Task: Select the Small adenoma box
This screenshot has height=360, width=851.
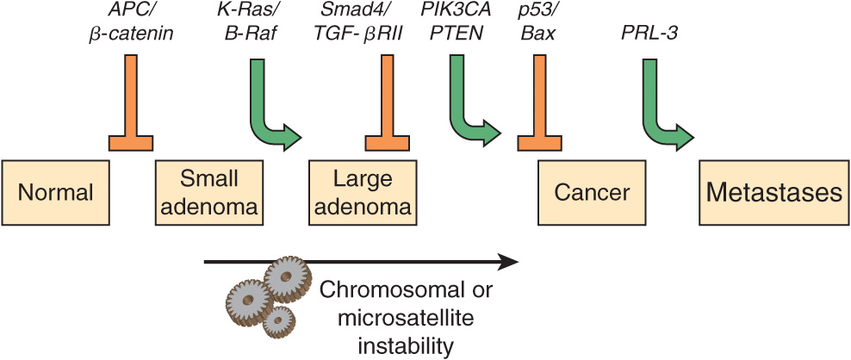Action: [209, 191]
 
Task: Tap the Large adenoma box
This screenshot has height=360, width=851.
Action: [362, 191]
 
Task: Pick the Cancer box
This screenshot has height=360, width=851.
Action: [592, 191]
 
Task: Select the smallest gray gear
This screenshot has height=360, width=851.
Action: [277, 323]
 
